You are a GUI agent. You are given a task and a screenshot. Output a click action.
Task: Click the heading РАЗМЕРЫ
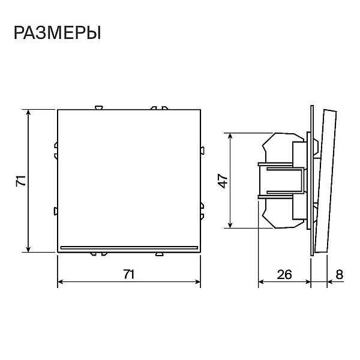(58, 33)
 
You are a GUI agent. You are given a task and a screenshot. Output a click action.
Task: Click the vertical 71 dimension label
(21, 181)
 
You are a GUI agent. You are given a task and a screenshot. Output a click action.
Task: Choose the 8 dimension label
(340, 274)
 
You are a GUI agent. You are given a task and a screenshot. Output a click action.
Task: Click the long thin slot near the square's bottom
(129, 247)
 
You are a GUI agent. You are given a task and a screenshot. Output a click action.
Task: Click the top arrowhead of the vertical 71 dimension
(28, 113)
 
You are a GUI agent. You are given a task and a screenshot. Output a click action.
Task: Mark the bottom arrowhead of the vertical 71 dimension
(28, 249)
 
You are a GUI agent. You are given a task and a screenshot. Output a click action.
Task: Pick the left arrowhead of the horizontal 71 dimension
(61, 282)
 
